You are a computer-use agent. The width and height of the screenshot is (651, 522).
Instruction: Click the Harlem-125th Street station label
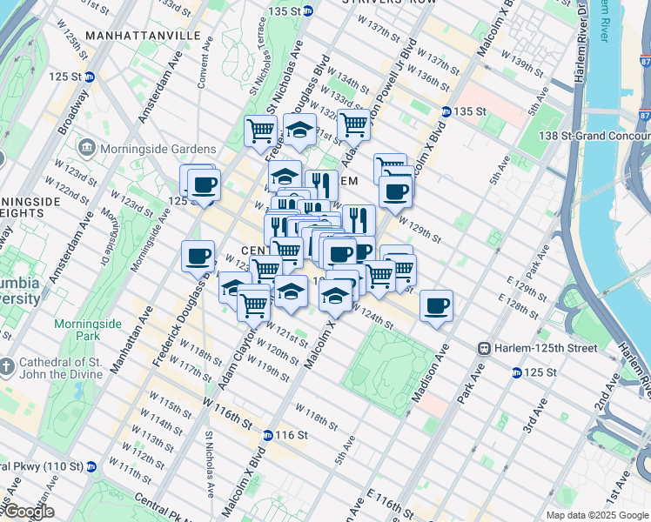(x=543, y=348)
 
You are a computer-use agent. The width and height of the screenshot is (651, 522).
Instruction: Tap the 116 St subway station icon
(x=268, y=434)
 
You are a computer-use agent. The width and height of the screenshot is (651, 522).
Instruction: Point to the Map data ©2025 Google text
(x=596, y=515)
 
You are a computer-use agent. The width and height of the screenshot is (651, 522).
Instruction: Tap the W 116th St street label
(x=232, y=412)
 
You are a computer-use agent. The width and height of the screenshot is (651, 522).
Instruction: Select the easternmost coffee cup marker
(x=436, y=305)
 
